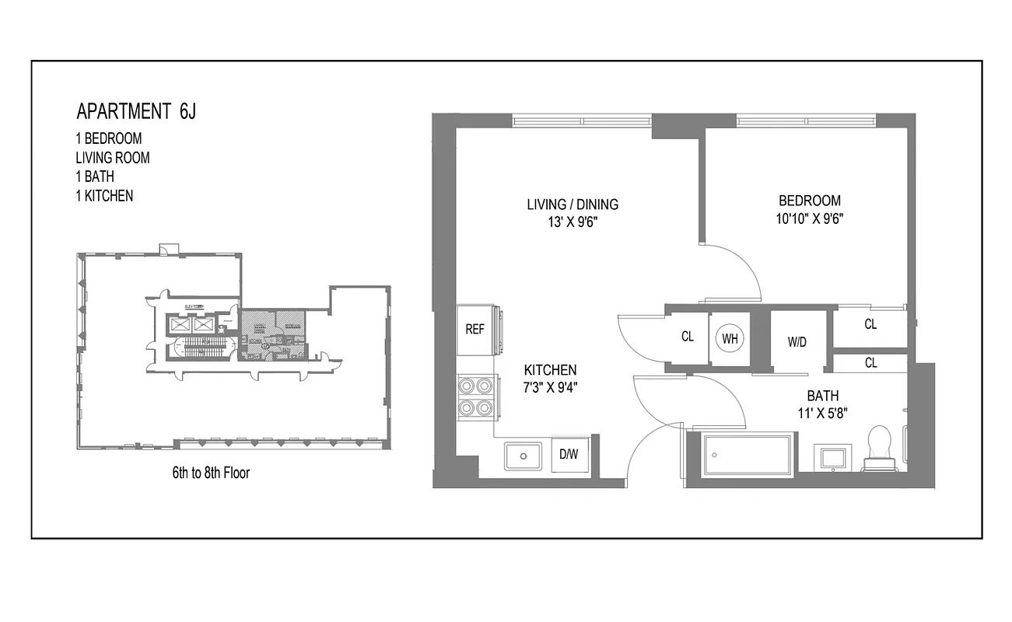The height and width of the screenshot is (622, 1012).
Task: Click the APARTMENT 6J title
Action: (x=136, y=111)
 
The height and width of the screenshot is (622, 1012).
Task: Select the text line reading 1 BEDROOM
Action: (x=108, y=138)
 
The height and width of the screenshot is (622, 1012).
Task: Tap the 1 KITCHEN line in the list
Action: (x=104, y=196)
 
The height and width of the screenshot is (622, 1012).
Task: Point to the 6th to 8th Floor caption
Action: (x=211, y=472)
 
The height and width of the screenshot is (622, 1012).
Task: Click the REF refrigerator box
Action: (x=474, y=329)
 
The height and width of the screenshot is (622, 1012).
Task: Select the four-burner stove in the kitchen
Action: (x=476, y=397)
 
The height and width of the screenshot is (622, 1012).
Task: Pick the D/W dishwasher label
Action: (x=569, y=455)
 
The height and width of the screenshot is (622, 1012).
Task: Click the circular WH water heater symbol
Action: (x=730, y=338)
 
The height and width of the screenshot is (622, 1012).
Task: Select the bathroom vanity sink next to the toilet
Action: (x=833, y=456)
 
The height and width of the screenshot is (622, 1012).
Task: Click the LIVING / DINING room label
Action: (x=573, y=204)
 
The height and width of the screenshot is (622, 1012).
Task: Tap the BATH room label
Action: (x=822, y=395)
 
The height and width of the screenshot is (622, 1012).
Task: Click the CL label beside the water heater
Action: (x=688, y=337)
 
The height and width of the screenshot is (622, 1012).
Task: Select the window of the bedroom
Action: (x=807, y=121)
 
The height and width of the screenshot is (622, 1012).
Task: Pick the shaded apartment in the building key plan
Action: (x=272, y=335)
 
